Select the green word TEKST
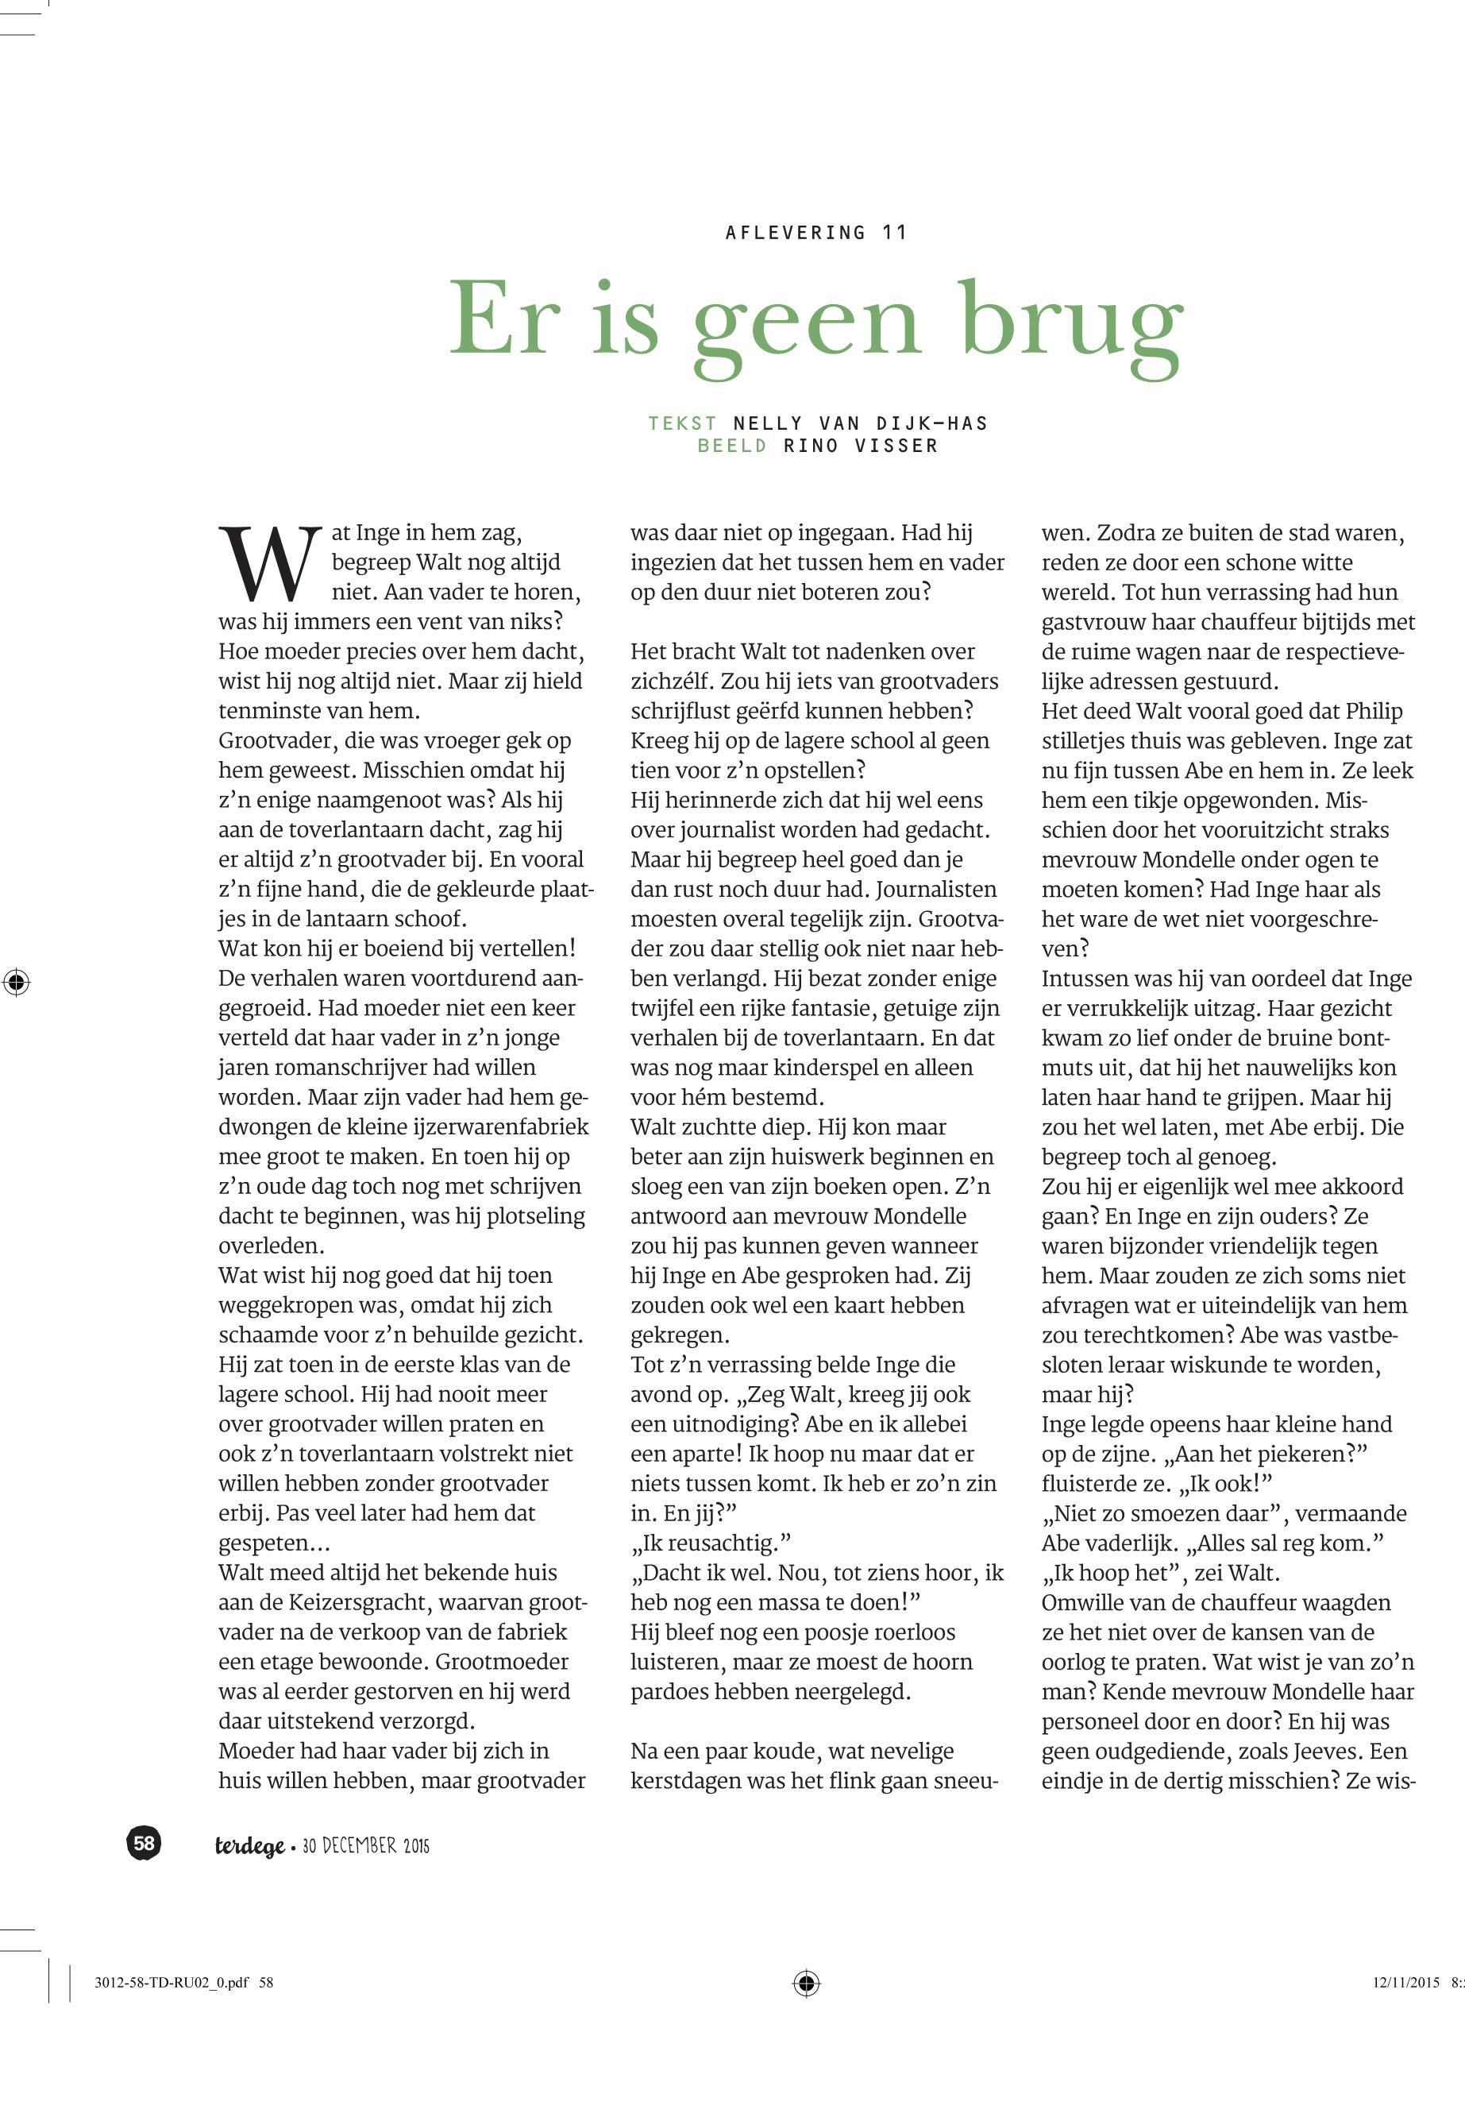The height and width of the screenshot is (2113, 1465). (682, 423)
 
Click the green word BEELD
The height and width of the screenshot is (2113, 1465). (731, 446)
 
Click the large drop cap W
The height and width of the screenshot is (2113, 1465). (270, 562)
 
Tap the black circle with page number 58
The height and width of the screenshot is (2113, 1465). (144, 1843)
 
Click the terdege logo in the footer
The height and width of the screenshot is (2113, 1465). (249, 1846)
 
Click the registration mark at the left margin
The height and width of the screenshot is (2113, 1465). (17, 983)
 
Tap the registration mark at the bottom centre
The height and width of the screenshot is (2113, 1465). (806, 1983)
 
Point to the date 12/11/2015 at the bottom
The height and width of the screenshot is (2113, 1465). (1406, 1983)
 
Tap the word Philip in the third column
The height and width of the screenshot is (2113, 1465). (1374, 712)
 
